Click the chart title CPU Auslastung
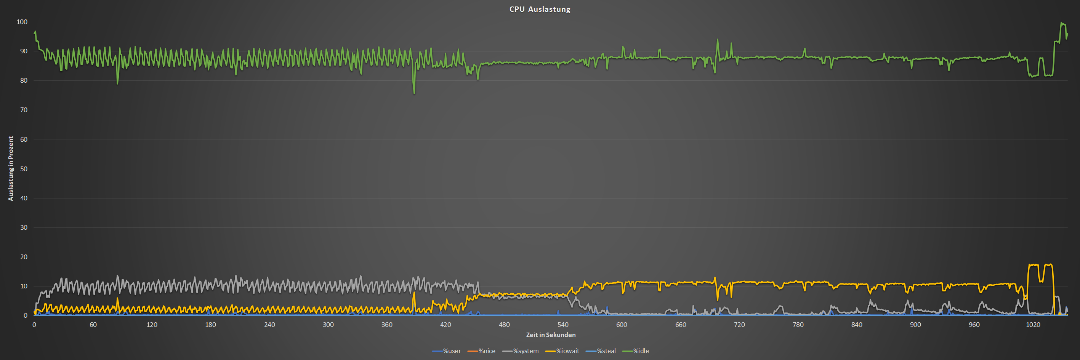(540, 9)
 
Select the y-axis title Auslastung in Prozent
(11, 168)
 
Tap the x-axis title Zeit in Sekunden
(551, 335)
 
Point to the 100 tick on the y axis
(22, 22)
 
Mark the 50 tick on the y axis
(24, 169)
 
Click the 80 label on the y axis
(24, 80)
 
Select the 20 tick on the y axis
(24, 257)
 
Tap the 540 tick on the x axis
(562, 325)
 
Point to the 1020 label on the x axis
(1033, 325)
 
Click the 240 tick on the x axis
(269, 325)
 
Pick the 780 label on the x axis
(798, 325)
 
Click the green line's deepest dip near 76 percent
(414, 93)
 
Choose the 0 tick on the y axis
(25, 315)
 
